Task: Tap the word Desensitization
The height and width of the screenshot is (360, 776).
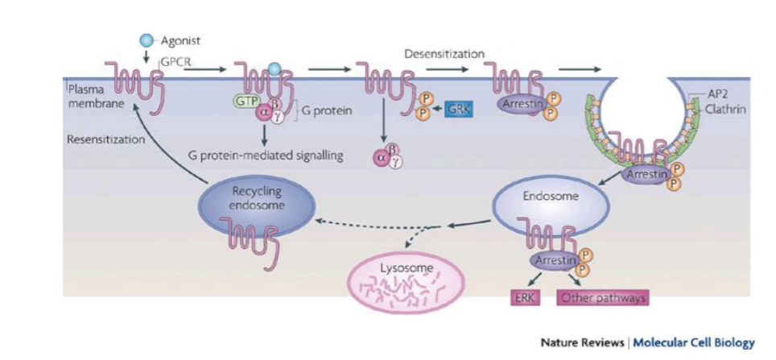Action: click(x=444, y=53)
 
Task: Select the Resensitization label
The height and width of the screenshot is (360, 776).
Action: click(x=106, y=139)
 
